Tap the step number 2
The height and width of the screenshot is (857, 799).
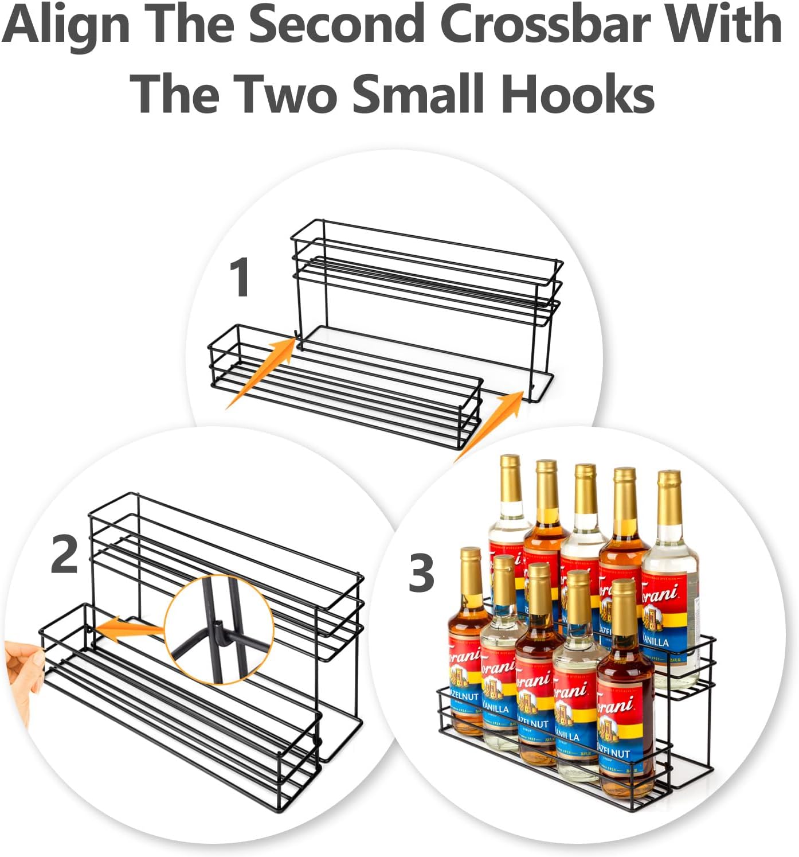(x=64, y=554)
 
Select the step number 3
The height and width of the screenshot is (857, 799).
(x=421, y=573)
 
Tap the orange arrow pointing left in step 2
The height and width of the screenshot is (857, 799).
(x=129, y=627)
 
